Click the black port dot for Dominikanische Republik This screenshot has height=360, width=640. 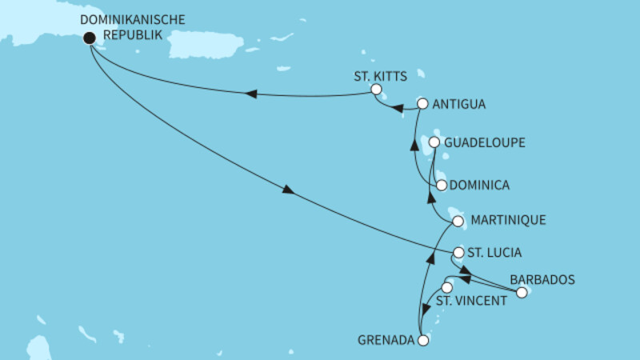pos(90,37)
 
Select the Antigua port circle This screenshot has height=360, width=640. pos(423,104)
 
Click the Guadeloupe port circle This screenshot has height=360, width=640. pos(434,142)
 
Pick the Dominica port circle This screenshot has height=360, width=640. pos(441,185)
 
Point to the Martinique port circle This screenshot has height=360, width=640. pos(458,221)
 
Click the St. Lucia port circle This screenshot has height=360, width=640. pos(458,253)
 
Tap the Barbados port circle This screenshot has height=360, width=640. pos(522,293)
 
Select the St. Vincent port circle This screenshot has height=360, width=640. pos(447,287)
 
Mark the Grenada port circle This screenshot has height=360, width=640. pos(423,340)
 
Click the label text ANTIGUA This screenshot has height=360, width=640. pos(459,104)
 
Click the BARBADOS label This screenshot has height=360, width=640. pos(542,280)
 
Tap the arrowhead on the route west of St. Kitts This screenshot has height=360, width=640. pos(251,94)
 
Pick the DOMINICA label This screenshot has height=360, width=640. pos(480,185)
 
